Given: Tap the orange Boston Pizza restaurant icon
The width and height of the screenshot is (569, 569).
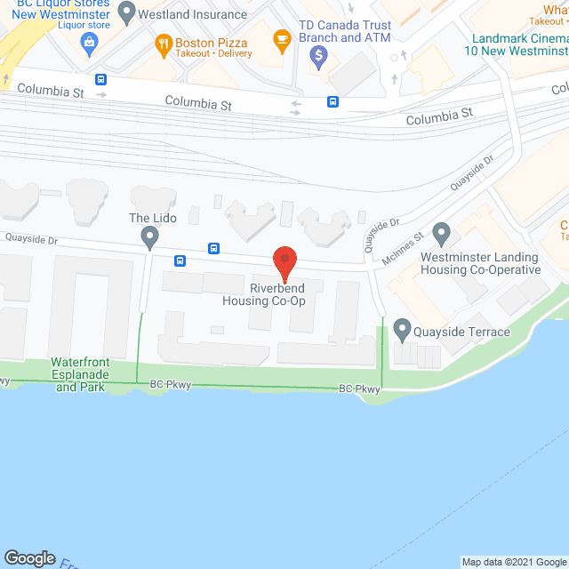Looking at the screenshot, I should tap(164, 43).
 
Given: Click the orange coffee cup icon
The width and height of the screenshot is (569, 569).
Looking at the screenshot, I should tap(282, 38).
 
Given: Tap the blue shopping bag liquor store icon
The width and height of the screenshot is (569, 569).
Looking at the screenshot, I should tap(89, 41).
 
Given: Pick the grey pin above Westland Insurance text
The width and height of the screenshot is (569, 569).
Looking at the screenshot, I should tap(126, 13).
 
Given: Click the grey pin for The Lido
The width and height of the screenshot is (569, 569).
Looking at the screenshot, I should tap(149, 236).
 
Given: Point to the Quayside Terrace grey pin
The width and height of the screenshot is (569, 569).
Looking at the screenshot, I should tap(403, 331).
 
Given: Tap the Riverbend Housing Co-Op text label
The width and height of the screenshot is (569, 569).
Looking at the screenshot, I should tap(264, 294).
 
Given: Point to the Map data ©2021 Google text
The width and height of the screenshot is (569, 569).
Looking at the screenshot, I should tap(513, 562).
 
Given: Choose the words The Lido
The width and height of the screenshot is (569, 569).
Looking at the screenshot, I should tap(153, 218).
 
